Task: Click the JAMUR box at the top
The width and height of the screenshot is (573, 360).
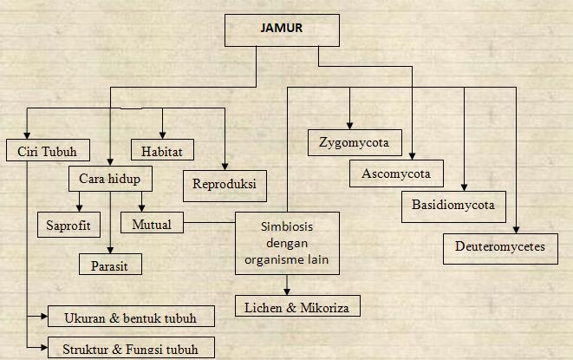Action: coord(281,29)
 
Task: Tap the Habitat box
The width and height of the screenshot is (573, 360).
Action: coord(161,151)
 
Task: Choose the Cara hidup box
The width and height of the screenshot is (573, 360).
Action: coord(109,180)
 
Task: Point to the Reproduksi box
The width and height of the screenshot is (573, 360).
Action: coord(225,185)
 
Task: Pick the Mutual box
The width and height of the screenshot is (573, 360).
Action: coord(152,224)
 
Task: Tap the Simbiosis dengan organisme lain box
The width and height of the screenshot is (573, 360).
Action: coord(286,243)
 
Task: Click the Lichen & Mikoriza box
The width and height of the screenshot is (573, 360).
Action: coord(296,306)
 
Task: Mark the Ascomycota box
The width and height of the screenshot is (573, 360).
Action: coord(396,173)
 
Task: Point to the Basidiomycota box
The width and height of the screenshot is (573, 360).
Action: coord(454,206)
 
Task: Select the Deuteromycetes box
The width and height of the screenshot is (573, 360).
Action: coord(500,246)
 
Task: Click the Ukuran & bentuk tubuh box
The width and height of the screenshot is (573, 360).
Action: coord(129,317)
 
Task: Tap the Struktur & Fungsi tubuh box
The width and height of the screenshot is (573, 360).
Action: coord(131,349)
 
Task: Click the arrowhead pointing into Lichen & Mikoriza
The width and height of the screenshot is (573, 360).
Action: coord(286,292)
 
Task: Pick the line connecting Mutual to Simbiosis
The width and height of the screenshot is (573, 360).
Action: coord(209,224)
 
